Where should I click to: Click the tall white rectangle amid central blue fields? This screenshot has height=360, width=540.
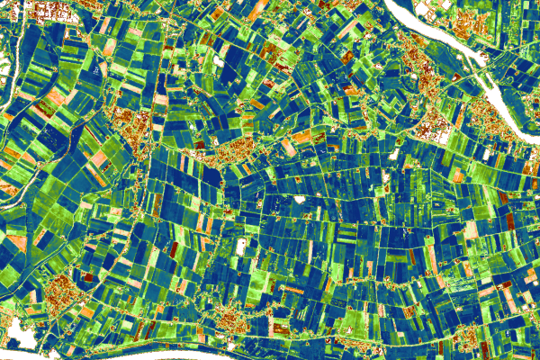(240, 245)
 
